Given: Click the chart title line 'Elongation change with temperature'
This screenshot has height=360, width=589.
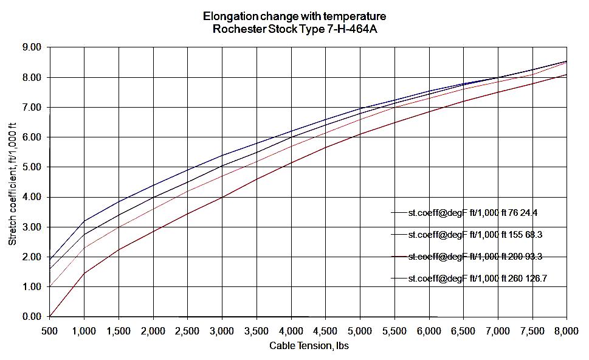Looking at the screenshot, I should (295, 16).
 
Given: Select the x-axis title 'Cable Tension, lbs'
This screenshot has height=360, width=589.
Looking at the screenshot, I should (308, 346).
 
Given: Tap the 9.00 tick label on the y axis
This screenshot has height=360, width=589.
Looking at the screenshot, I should (31, 47).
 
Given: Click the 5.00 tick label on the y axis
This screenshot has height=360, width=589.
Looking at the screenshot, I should (31, 167).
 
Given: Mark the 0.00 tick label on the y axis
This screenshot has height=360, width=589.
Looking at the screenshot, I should (31, 317).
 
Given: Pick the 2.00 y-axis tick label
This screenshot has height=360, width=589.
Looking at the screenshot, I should (31, 257).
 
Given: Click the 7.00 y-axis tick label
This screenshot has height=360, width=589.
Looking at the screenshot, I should (31, 108).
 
